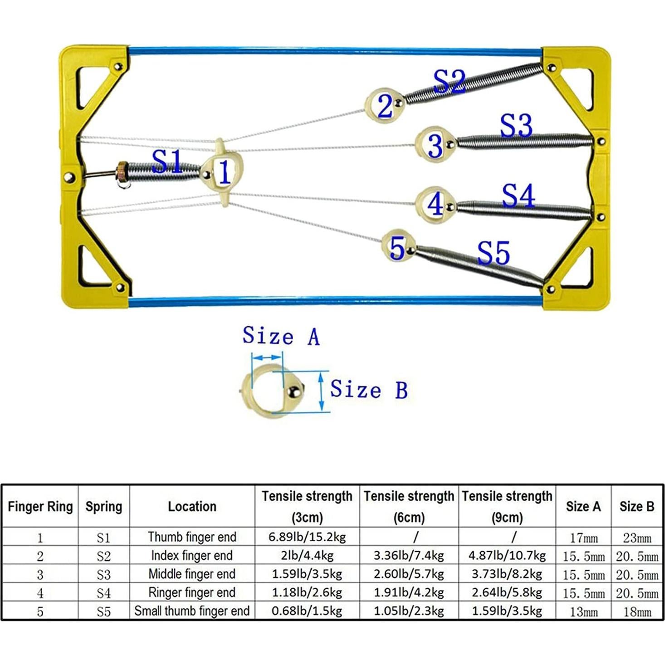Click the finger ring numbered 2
point(385,105)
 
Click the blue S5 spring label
point(494,253)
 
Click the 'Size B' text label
point(368,390)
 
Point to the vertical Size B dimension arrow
point(322,391)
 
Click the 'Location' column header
point(192,506)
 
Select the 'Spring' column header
point(104,506)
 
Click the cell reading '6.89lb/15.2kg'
point(307,537)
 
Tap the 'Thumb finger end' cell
point(192,537)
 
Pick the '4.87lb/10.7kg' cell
point(507,556)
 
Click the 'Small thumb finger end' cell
point(192,611)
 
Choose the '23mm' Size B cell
point(637,538)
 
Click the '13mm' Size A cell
point(583,612)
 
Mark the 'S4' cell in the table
point(103,593)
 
